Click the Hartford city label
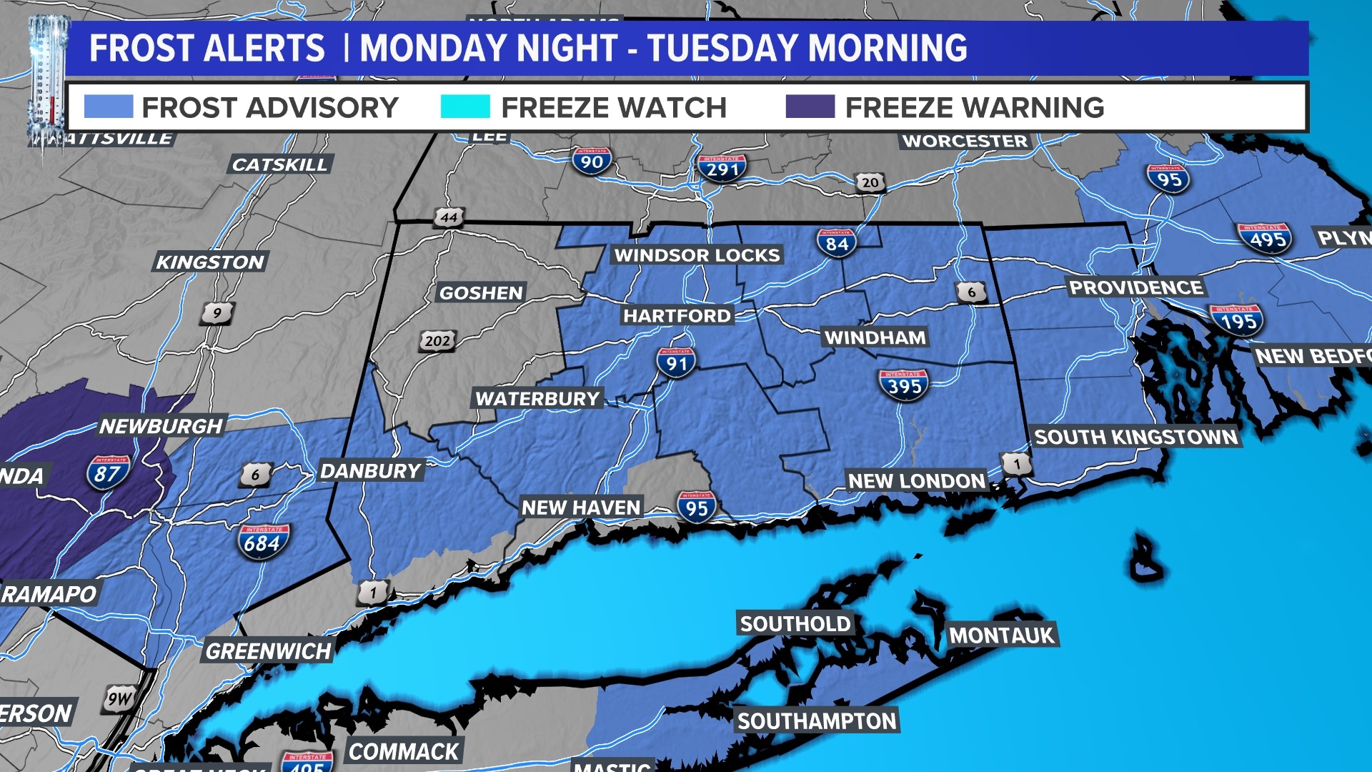(x=677, y=315)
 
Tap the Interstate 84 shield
(x=836, y=243)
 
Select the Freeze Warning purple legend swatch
(x=810, y=107)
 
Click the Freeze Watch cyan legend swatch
(x=465, y=107)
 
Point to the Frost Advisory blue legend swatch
(x=108, y=107)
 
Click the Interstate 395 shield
(x=904, y=385)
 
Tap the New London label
(x=916, y=481)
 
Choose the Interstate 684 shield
(x=263, y=542)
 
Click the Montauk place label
(x=1001, y=635)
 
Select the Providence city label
(x=1135, y=287)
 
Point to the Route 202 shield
(x=437, y=341)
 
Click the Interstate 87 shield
(x=108, y=473)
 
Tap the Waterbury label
(x=537, y=398)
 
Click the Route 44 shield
(x=449, y=217)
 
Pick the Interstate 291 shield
(x=722, y=169)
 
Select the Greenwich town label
(x=268, y=651)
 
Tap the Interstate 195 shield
(x=1237, y=321)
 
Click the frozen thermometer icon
(x=47, y=82)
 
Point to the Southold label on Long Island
(x=795, y=624)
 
